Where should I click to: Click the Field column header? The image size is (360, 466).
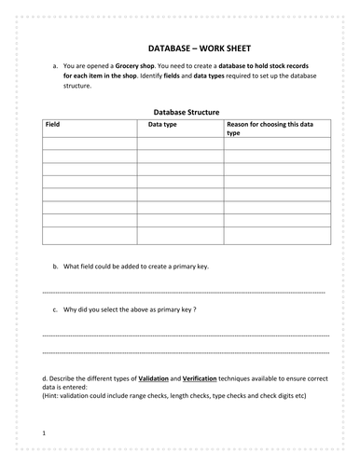click(x=52, y=124)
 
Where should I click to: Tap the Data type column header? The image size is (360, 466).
click(x=154, y=124)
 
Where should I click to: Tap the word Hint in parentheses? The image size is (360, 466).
click(x=55, y=395)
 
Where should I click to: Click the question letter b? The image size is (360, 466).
click(x=55, y=266)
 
